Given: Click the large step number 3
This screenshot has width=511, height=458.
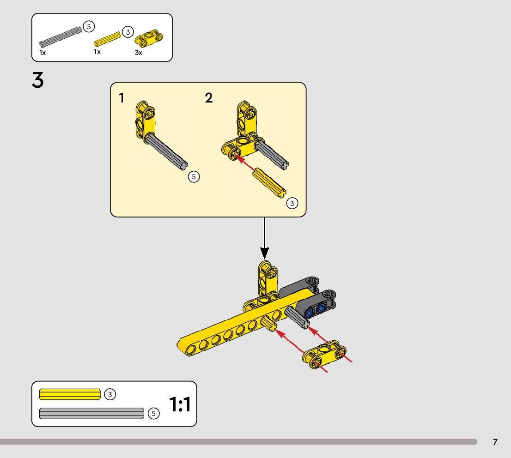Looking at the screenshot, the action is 38,80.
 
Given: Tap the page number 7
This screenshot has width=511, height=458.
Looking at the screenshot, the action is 495,442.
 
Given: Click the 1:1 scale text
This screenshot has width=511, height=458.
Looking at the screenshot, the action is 180,404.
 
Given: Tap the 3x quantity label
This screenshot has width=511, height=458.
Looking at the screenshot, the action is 139,53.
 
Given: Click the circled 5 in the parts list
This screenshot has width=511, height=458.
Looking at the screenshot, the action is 89,27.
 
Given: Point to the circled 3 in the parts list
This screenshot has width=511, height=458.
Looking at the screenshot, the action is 128,32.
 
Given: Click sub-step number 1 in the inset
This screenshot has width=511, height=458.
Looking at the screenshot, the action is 122,98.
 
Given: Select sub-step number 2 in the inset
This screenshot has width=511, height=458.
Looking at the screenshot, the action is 209,98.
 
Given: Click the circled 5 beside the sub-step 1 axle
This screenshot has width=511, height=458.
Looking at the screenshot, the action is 194,176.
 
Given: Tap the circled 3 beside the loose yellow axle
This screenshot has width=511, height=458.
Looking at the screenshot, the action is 292,203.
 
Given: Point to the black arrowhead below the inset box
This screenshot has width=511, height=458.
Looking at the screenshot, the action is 264,253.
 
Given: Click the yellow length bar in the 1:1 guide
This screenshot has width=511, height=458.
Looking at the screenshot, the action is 70,394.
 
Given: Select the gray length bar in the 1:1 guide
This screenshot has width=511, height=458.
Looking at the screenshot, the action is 91,413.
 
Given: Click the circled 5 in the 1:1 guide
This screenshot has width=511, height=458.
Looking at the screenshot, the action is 154,414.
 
